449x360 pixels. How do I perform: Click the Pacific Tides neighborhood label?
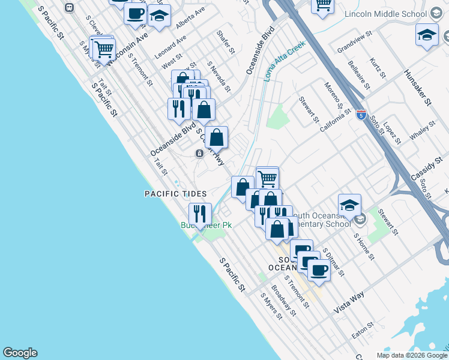tap(175, 194)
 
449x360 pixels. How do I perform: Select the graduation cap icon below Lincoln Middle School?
tap(427, 35)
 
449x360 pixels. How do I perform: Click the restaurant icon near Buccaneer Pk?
tap(200, 214)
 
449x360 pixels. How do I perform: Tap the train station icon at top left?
tap(70, 7)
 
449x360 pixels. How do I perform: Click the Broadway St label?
tap(283, 299)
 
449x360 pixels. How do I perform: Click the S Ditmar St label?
tap(333, 262)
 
